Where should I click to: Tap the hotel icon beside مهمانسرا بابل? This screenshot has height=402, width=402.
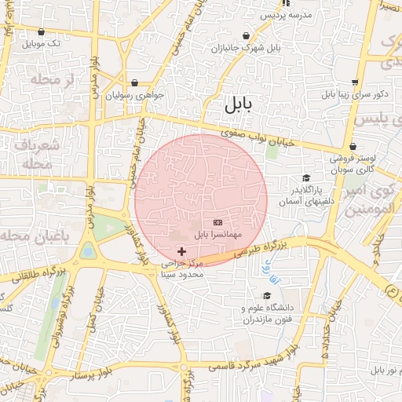tap(217, 223)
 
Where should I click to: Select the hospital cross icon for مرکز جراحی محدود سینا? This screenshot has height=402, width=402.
tap(183, 252)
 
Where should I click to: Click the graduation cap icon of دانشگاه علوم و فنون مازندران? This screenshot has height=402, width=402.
tap(267, 296)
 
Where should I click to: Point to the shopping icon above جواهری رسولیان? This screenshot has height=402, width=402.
tap(135, 82)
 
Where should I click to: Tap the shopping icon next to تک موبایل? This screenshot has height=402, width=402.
tap(41, 32)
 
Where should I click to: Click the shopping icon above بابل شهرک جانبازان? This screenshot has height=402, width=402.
tap(247, 36)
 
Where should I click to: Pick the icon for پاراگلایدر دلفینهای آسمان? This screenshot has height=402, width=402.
tap(306, 178)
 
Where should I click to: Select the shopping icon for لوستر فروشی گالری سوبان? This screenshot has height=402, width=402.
tap(353, 147)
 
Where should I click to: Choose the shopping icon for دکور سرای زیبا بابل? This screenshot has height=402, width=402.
tap(355, 82)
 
